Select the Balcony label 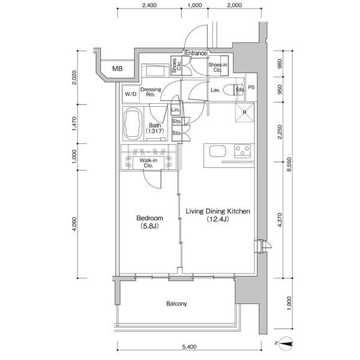176,304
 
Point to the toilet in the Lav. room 230,91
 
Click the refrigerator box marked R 245,112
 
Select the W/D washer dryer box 130,95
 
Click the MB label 118,68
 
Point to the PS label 251,88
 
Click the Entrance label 195,53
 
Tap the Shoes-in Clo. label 217,67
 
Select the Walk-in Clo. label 149,163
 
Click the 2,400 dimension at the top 149,5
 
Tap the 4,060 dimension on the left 74,224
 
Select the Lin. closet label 176,110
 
